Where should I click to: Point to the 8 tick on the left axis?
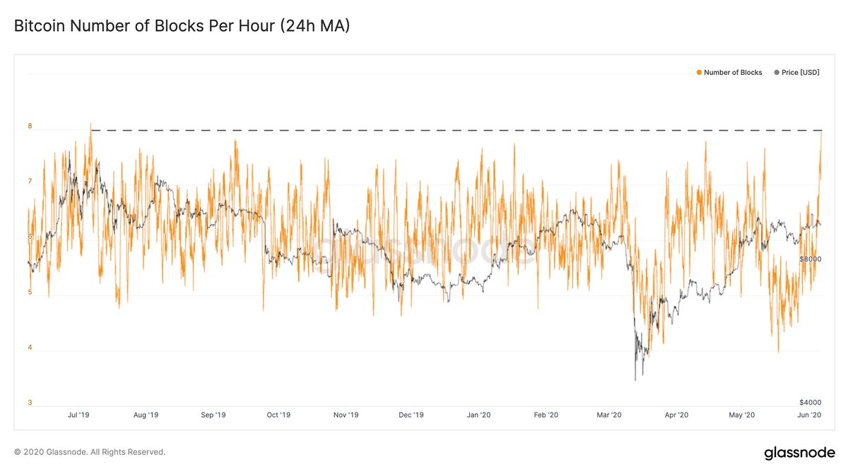click(30, 127)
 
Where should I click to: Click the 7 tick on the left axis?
click(30, 182)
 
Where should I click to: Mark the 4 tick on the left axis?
click(30, 348)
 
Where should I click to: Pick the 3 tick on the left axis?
click(30, 403)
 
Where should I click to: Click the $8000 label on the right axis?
click(809, 260)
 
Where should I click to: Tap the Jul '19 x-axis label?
click(78, 415)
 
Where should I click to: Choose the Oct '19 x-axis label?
click(278, 415)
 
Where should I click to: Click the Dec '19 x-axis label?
click(411, 415)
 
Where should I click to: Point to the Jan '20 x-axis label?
click(478, 415)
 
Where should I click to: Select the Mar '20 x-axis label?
click(609, 415)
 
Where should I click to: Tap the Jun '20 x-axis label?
click(808, 415)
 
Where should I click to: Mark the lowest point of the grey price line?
click(635, 380)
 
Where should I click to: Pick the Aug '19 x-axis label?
click(145, 415)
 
